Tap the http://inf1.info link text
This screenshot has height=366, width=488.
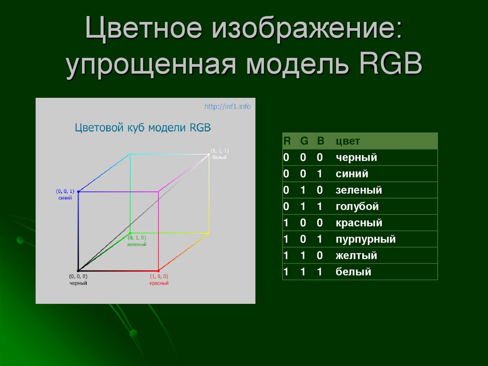tap(227, 106)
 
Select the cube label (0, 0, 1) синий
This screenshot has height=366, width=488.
tap(66, 194)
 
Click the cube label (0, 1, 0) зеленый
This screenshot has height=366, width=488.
tap(136, 241)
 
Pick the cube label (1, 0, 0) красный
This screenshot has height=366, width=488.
tap(159, 280)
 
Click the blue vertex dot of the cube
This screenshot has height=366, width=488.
tap(78, 192)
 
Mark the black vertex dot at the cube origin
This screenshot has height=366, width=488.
tap(78, 271)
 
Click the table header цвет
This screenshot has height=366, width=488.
tap(347, 141)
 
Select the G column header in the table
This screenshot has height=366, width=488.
tap(304, 141)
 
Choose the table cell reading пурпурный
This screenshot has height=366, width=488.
tap(366, 240)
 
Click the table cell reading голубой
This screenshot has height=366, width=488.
tap(357, 207)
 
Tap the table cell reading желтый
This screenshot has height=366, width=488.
tap(356, 256)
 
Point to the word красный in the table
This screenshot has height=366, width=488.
tap(359, 223)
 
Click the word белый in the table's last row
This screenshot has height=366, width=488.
tap(353, 272)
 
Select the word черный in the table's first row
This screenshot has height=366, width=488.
tap(356, 157)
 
